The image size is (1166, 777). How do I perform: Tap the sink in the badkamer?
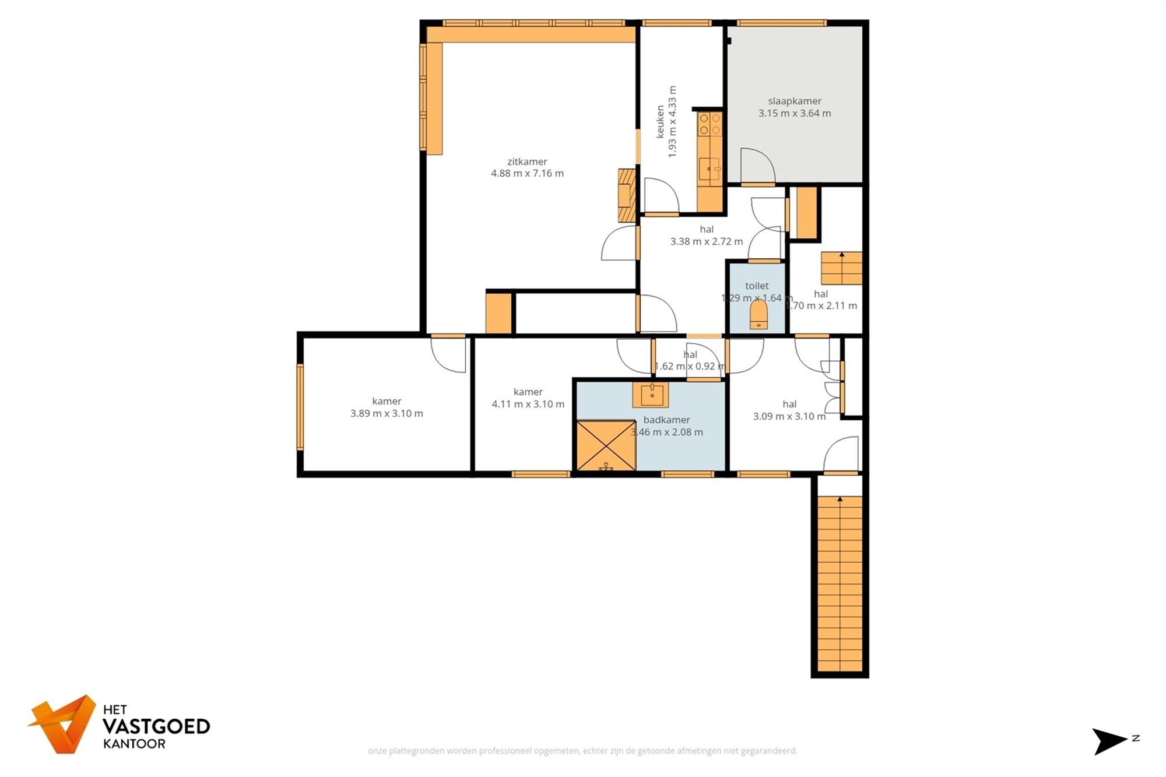[651, 395]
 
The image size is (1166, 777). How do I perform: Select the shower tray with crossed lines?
[606, 445]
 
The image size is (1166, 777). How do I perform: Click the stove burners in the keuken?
[710, 123]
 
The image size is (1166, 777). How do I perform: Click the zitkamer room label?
[527, 161]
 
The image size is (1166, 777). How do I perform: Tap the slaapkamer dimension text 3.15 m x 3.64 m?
[795, 113]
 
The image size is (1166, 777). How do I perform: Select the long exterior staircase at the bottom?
[840, 583]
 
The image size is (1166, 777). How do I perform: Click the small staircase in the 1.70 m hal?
[841, 268]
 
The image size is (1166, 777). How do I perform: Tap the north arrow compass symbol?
[1109, 741]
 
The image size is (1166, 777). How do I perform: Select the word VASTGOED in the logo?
[156, 726]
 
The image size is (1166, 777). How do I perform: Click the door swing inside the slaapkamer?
[757, 166]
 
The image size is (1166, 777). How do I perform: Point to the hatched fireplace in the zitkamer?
[627, 195]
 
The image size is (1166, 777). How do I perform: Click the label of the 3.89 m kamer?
[387, 401]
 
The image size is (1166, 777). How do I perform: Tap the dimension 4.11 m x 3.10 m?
[528, 404]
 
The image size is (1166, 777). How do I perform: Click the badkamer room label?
[666, 420]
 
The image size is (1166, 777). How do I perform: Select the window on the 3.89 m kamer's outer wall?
[300, 407]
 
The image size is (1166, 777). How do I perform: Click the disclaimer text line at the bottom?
[582, 751]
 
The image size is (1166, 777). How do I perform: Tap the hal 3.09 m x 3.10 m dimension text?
[789, 416]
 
